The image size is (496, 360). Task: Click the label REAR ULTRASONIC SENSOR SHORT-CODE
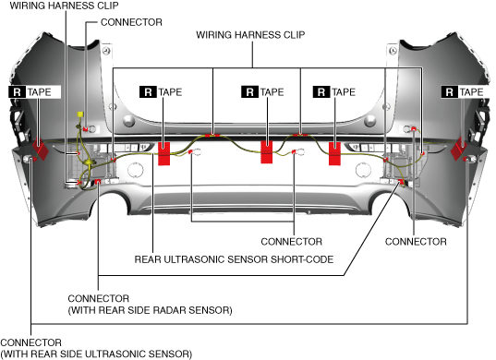coord(234,259)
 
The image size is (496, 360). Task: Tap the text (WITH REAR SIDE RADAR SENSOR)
coord(150,310)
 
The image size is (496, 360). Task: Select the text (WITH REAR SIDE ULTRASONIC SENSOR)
coord(96,354)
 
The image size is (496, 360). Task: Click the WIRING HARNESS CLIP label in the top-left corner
coord(65,6)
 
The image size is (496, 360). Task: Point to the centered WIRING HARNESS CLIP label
coord(250,35)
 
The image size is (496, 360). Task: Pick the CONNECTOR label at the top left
coord(131,22)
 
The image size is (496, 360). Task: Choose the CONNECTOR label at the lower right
coord(416,242)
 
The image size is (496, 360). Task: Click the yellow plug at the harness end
coord(80,114)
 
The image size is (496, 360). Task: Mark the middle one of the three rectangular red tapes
coord(267,152)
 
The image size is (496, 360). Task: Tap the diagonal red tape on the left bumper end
coord(41,149)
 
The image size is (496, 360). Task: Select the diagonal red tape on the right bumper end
coord(458,149)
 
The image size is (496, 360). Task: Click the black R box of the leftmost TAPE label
coord(18,92)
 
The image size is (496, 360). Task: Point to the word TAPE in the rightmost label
coord(471,92)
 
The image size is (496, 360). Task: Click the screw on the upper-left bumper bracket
coord(107,51)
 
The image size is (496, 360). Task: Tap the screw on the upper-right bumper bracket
coord(393,51)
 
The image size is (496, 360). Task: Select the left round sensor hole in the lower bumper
coord(136,170)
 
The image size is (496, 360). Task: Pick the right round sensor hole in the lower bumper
coord(363,170)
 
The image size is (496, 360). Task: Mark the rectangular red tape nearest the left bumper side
coord(163,153)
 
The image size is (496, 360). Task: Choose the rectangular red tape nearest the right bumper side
coord(334,153)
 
